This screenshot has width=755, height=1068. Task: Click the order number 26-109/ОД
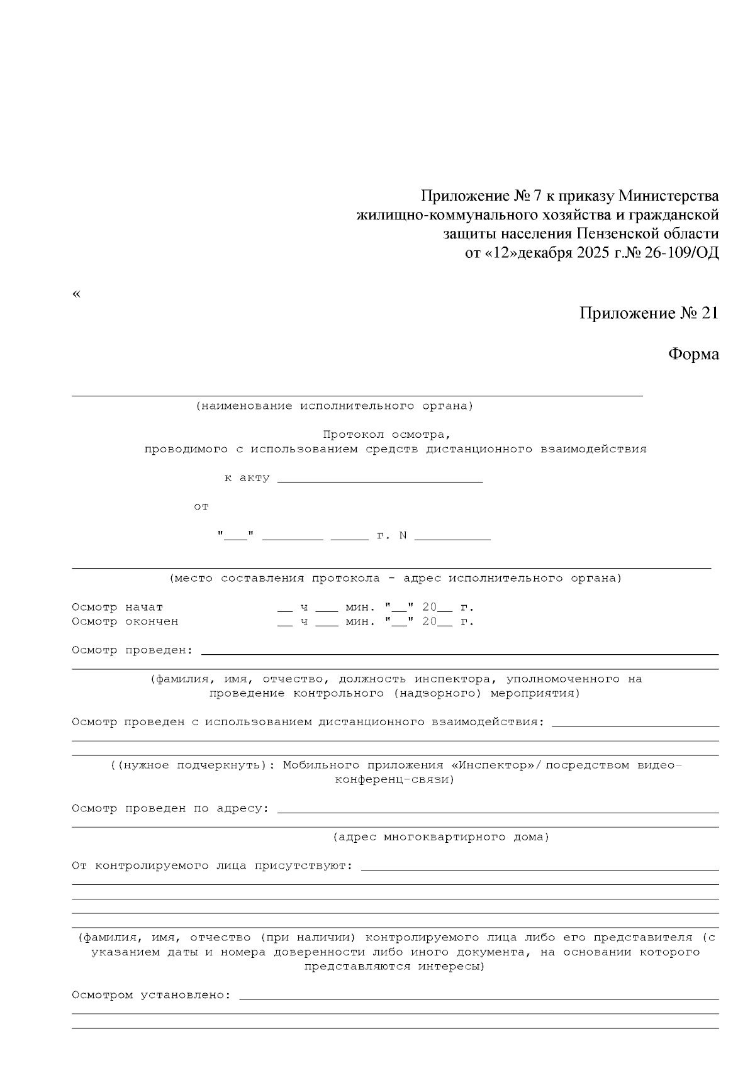coord(681,253)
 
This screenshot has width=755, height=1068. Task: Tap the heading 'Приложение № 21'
coord(649,313)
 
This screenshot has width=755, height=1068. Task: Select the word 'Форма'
coord(693,354)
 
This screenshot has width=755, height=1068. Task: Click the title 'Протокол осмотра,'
coord(387,435)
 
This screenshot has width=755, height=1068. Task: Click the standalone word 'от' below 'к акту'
coord(201,506)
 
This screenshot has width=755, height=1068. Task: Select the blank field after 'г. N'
coord(452,537)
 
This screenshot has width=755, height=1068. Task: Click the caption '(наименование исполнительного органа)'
coord(334,406)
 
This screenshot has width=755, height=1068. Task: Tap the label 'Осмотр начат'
coord(118,608)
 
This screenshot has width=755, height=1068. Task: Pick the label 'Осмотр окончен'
coord(125,622)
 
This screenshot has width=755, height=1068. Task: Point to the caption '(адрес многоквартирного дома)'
coord(440,837)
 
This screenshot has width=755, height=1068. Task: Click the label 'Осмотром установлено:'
coord(152,996)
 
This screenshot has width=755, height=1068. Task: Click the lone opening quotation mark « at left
coord(77,294)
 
